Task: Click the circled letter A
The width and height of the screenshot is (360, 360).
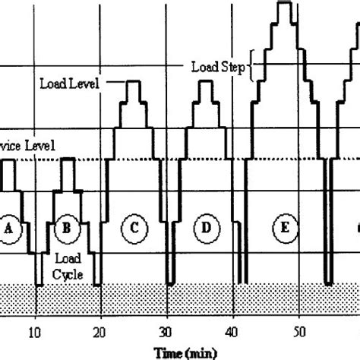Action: pos(10,227)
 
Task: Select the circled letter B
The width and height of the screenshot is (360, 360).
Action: pos(67,227)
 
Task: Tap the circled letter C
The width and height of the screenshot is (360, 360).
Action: pos(134,227)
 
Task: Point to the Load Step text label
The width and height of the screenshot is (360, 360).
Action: pos(217,67)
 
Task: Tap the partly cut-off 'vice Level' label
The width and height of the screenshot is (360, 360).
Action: pos(27,145)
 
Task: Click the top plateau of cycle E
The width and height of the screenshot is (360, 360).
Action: pos(285,5)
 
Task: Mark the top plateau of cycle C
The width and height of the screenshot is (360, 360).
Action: pos(134,81)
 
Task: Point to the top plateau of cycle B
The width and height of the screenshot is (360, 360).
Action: pos(67,159)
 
